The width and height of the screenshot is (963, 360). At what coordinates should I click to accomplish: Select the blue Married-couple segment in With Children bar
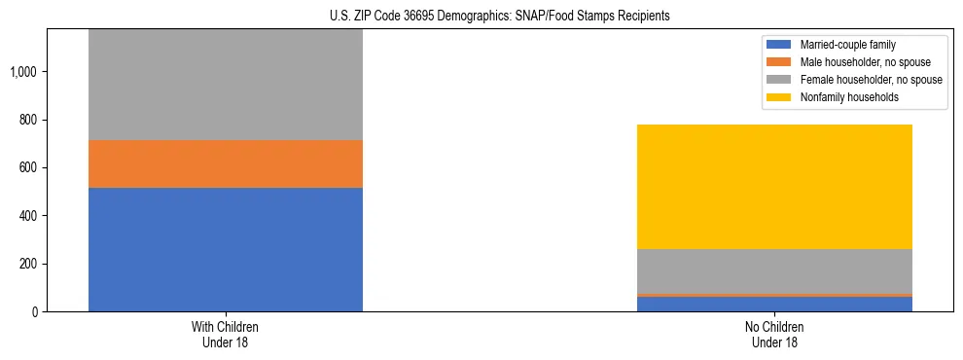[x=226, y=249]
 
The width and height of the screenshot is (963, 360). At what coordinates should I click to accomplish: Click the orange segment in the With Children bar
[x=226, y=163]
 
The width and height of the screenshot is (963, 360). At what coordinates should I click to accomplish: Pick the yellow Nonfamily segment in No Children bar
[x=774, y=187]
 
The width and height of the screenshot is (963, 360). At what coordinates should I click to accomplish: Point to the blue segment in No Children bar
[x=774, y=304]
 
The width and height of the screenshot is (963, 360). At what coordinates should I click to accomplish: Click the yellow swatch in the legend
[x=780, y=97]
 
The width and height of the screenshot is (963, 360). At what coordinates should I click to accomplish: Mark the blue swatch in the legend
[x=780, y=45]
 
